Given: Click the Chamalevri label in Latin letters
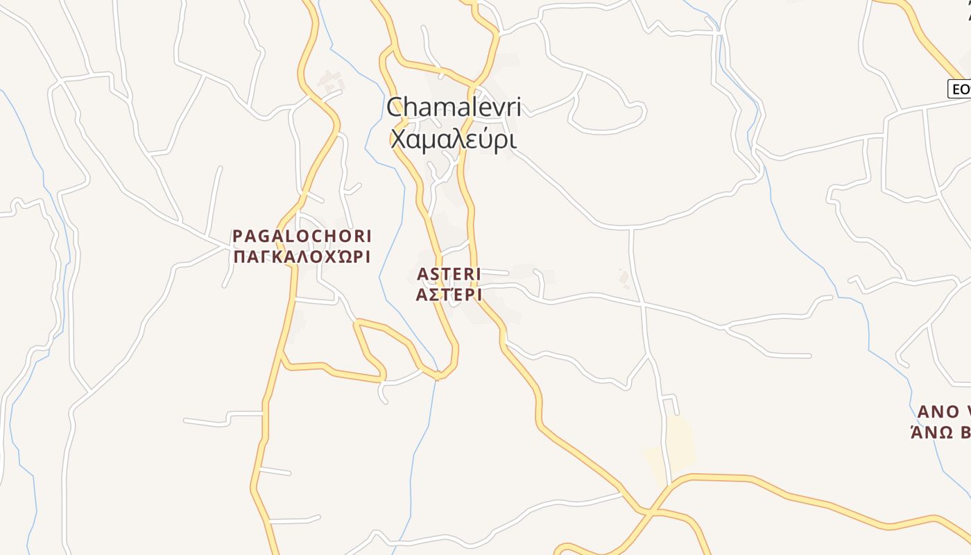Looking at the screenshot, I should click(454, 108).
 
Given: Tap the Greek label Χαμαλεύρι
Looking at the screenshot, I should click(454, 139).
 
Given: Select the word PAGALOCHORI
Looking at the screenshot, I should click(302, 236).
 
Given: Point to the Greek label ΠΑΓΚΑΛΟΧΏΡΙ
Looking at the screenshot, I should click(302, 257).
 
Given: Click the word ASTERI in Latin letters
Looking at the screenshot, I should click(449, 274).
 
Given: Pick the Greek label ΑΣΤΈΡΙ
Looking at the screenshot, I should click(449, 295).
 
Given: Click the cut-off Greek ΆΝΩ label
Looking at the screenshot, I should click(940, 432).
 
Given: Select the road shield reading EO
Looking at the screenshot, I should click(960, 89).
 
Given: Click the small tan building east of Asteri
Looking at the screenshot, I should click(624, 278).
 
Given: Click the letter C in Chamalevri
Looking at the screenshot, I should click(395, 108).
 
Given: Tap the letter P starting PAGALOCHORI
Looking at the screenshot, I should click(237, 236).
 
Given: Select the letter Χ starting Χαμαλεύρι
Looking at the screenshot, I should click(397, 139).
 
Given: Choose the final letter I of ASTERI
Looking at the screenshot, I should click(478, 274).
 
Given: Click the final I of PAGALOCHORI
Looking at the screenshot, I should click(368, 236).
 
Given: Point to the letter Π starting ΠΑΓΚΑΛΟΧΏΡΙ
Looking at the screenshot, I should click(237, 257).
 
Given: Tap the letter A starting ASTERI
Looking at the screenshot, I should click(422, 274).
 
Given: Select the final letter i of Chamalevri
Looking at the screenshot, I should click(517, 108).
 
